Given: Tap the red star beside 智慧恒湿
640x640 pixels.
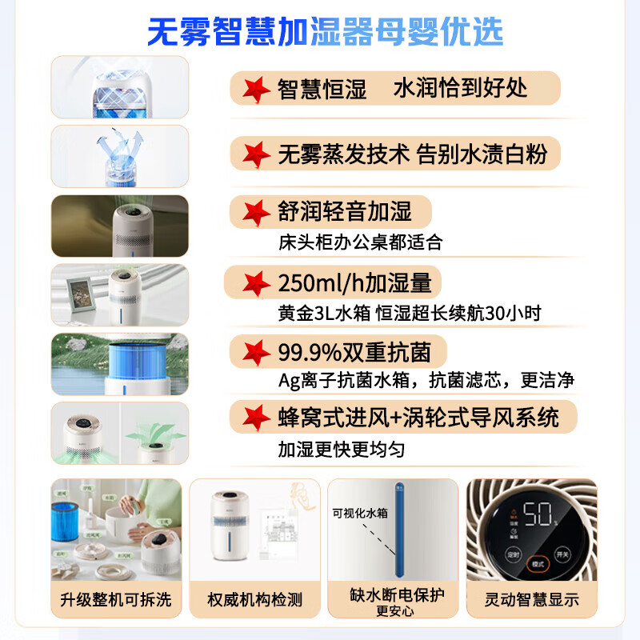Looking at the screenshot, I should click(257, 88).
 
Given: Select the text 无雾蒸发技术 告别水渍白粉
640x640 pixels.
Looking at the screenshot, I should click(412, 152).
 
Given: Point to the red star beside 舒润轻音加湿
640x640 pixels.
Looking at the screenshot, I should click(257, 212).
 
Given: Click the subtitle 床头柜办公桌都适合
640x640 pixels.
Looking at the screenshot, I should click(359, 242).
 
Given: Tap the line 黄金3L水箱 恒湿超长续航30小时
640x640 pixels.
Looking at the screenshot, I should click(409, 313).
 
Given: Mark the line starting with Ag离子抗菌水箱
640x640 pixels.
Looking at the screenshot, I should click(426, 381).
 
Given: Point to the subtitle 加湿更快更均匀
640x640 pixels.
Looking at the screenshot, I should click(341, 450).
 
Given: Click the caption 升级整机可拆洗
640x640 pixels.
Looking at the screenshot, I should click(116, 600).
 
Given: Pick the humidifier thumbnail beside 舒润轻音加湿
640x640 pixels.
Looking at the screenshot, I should click(120, 225).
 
